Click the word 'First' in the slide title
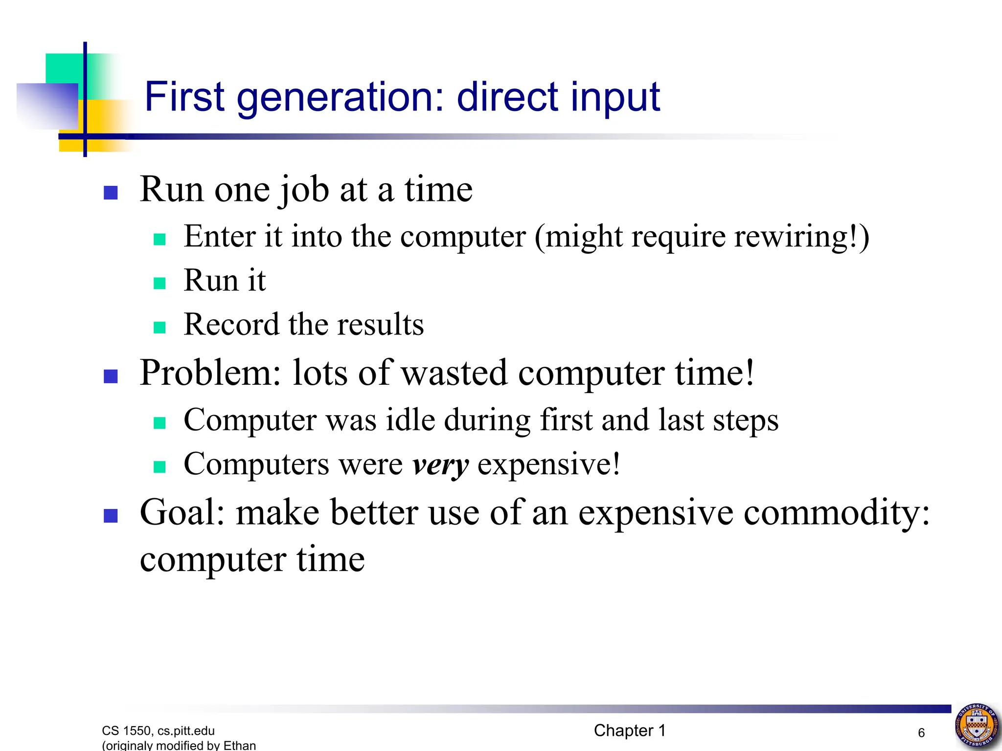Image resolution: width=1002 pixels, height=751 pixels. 184,97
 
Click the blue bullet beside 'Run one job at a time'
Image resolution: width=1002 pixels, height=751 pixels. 111,193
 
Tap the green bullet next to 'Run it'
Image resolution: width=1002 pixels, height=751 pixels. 159,283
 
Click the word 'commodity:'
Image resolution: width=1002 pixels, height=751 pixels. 836,513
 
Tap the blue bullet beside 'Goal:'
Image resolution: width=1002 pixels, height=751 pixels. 111,516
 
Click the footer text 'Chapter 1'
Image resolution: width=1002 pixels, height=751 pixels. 630,730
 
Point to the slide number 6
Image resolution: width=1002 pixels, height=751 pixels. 921,733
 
